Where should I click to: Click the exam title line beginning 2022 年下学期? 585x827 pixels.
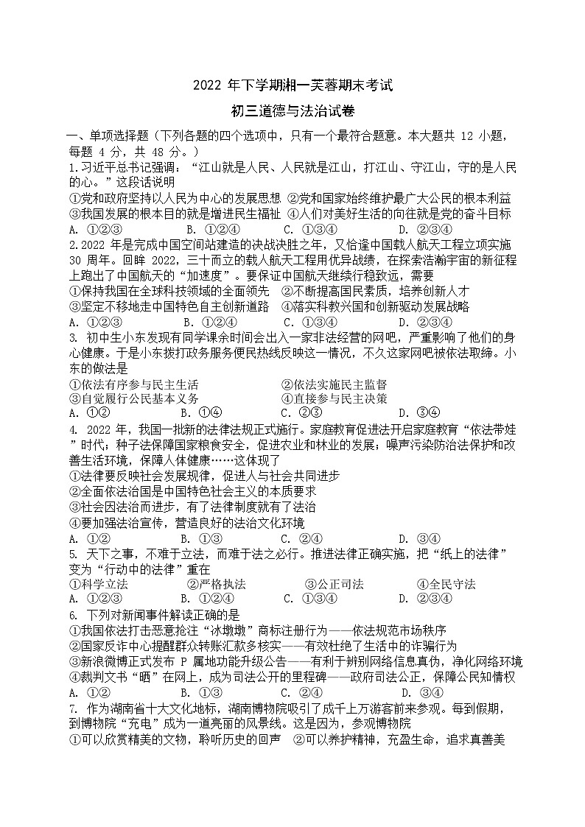pyautogui.click(x=292, y=85)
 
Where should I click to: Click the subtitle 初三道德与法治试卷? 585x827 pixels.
pyautogui.click(x=292, y=111)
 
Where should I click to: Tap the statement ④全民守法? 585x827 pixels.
pyautogui.click(x=446, y=584)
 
